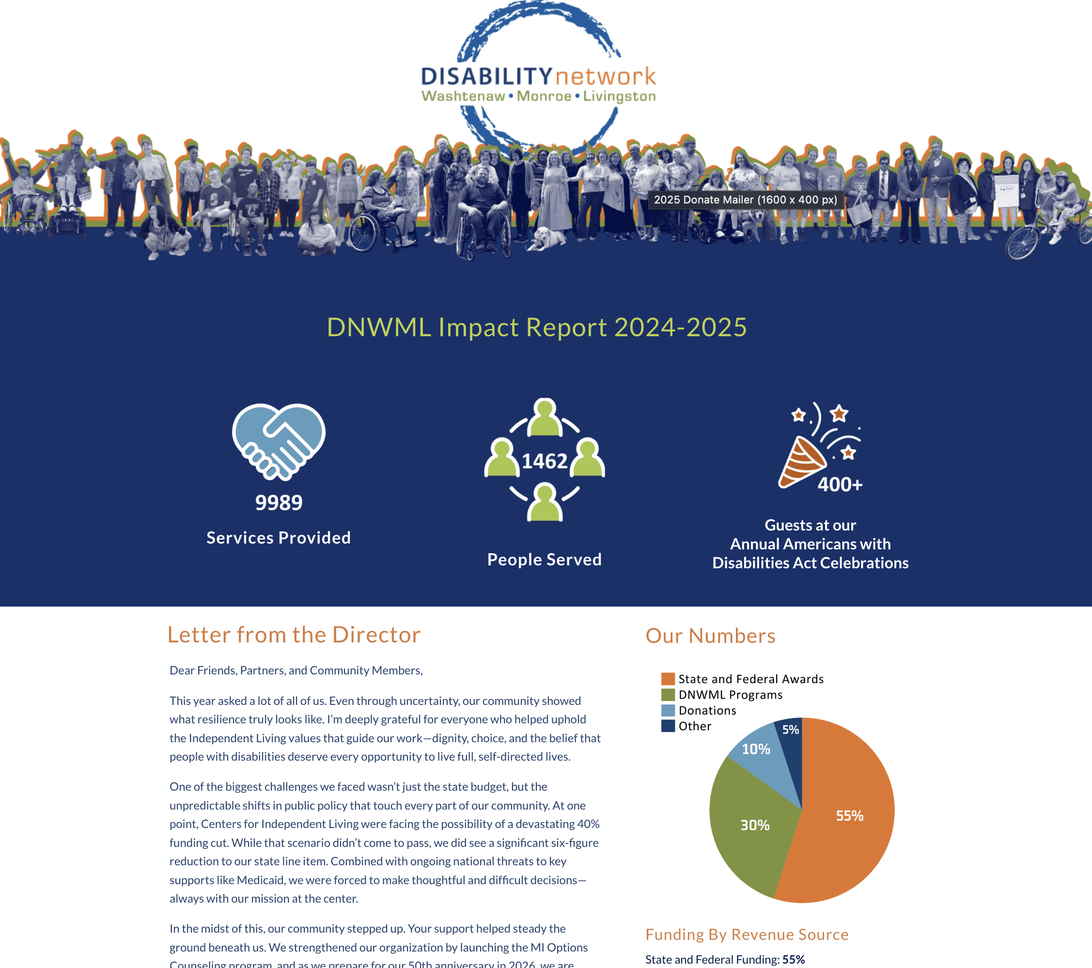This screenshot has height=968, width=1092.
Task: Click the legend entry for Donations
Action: click(x=707, y=711)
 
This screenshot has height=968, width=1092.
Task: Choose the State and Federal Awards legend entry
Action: click(x=750, y=679)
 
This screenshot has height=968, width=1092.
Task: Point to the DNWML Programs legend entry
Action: click(x=730, y=694)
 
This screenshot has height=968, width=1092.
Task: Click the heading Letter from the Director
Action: click(x=294, y=635)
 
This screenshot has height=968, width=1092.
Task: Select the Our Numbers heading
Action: click(x=710, y=636)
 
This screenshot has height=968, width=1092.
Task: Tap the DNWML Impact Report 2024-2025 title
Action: click(x=536, y=327)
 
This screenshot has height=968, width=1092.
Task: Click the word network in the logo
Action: click(x=605, y=77)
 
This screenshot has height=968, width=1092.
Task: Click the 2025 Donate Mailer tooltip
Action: click(x=745, y=200)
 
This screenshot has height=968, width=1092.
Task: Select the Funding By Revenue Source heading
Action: click(x=747, y=935)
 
